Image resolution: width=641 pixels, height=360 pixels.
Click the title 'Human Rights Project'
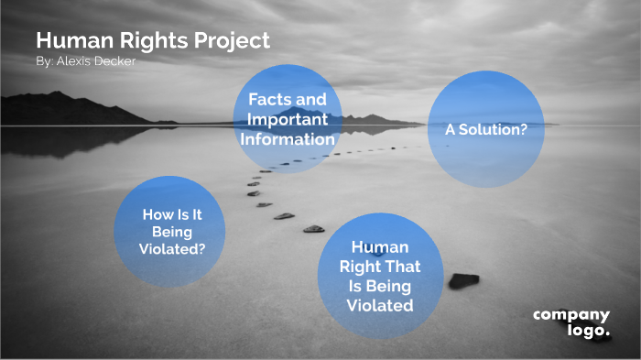click(153, 41)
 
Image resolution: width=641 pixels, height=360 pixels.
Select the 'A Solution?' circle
click(485, 129)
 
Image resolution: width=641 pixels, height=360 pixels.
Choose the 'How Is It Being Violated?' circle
click(169, 232)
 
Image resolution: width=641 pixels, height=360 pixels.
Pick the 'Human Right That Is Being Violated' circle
click(380, 276)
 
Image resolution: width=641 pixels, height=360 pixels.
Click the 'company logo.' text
click(571, 322)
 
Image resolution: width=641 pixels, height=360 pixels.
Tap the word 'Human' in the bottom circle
click(380, 247)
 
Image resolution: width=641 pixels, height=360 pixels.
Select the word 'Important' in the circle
click(288, 120)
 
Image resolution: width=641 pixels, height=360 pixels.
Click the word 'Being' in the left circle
click(172, 231)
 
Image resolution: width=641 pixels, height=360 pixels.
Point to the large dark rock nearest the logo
click(463, 280)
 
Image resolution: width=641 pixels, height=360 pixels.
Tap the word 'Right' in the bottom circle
click(360, 267)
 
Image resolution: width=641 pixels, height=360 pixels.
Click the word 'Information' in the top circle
click(288, 140)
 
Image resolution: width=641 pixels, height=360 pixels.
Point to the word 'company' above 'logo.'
click(571, 315)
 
